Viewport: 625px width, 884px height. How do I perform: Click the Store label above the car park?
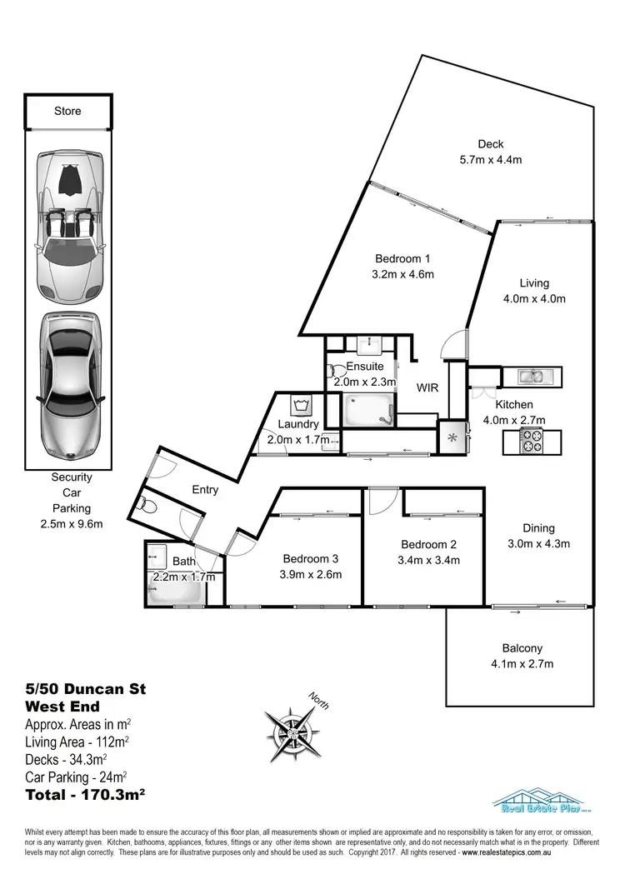pos(67,111)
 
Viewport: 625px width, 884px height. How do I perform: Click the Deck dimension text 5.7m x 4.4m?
pos(491,160)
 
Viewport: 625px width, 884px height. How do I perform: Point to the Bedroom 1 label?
pos(402,258)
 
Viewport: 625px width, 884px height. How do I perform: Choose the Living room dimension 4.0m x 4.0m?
pos(534,299)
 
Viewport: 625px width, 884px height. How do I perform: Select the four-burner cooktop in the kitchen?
pos(532,440)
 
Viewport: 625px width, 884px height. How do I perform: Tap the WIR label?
pos(427,388)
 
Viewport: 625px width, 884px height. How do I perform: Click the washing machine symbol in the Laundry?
pos(301,406)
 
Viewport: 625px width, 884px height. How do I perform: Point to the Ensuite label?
pos(365,367)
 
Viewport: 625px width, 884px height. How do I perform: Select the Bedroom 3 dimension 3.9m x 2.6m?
pos(312,574)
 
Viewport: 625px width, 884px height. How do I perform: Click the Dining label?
pos(538,528)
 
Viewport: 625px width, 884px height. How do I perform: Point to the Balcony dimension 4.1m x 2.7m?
pos(522,664)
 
